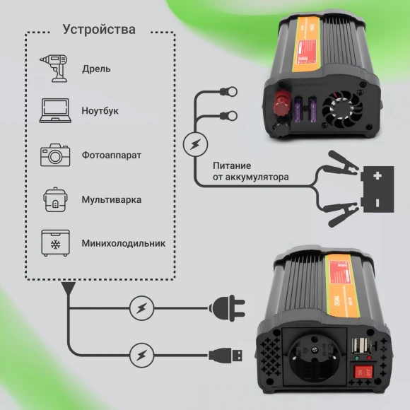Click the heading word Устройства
click(x=98, y=30)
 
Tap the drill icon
click(x=55, y=68)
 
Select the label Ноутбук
click(x=100, y=111)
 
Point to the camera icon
click(x=55, y=155)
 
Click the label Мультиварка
click(x=111, y=199)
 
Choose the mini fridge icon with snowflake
click(x=55, y=243)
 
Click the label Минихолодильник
click(x=123, y=243)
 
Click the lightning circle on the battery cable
click(x=194, y=145)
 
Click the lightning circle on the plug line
click(x=141, y=307)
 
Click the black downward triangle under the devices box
click(x=68, y=288)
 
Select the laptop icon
click(x=55, y=111)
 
